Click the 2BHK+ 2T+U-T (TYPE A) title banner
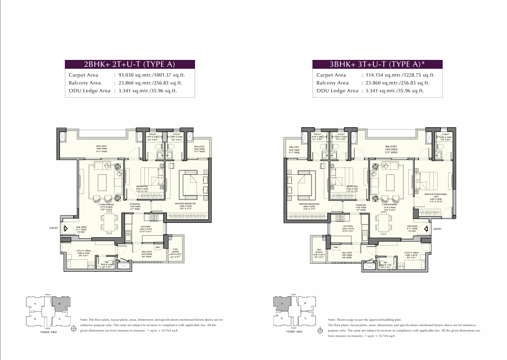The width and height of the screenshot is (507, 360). (130, 64)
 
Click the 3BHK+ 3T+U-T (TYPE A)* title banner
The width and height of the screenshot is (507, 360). (377, 64)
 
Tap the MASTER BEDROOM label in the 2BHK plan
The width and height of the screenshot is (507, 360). (185, 203)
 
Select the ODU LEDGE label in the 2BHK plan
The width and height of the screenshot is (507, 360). (175, 252)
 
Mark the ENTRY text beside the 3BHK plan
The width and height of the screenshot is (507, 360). (437, 229)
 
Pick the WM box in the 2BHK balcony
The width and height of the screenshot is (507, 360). (157, 247)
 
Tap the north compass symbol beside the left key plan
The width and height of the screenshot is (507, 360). (73, 330)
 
